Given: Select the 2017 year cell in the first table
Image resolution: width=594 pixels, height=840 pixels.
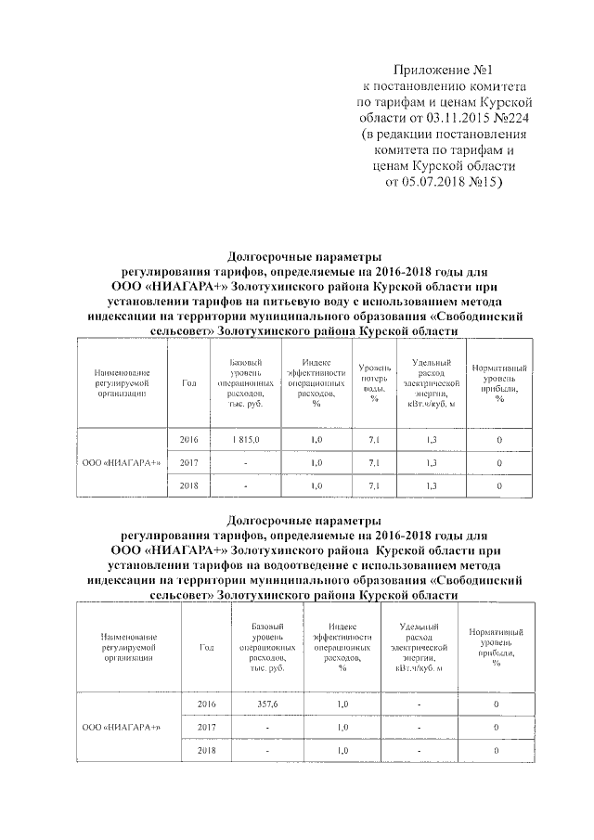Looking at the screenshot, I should tap(189, 461).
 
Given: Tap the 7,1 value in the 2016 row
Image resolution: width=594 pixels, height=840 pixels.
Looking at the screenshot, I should tap(374, 438).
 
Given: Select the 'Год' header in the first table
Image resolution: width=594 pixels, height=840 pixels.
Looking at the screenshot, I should tap(189, 382).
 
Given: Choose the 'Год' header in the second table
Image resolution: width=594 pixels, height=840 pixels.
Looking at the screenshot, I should tap(207, 648).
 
